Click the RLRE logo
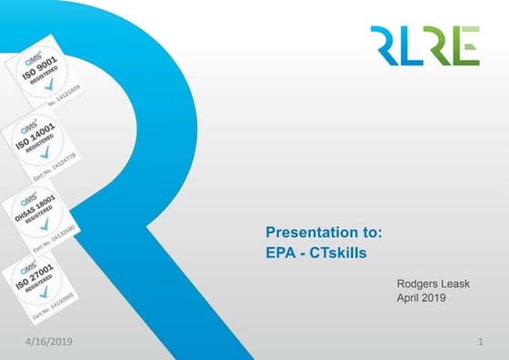[x=424, y=45]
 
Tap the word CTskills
[x=338, y=253]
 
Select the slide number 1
[x=478, y=341]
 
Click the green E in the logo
[x=467, y=45]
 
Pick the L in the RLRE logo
[x=408, y=45]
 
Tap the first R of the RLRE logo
[x=384, y=45]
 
